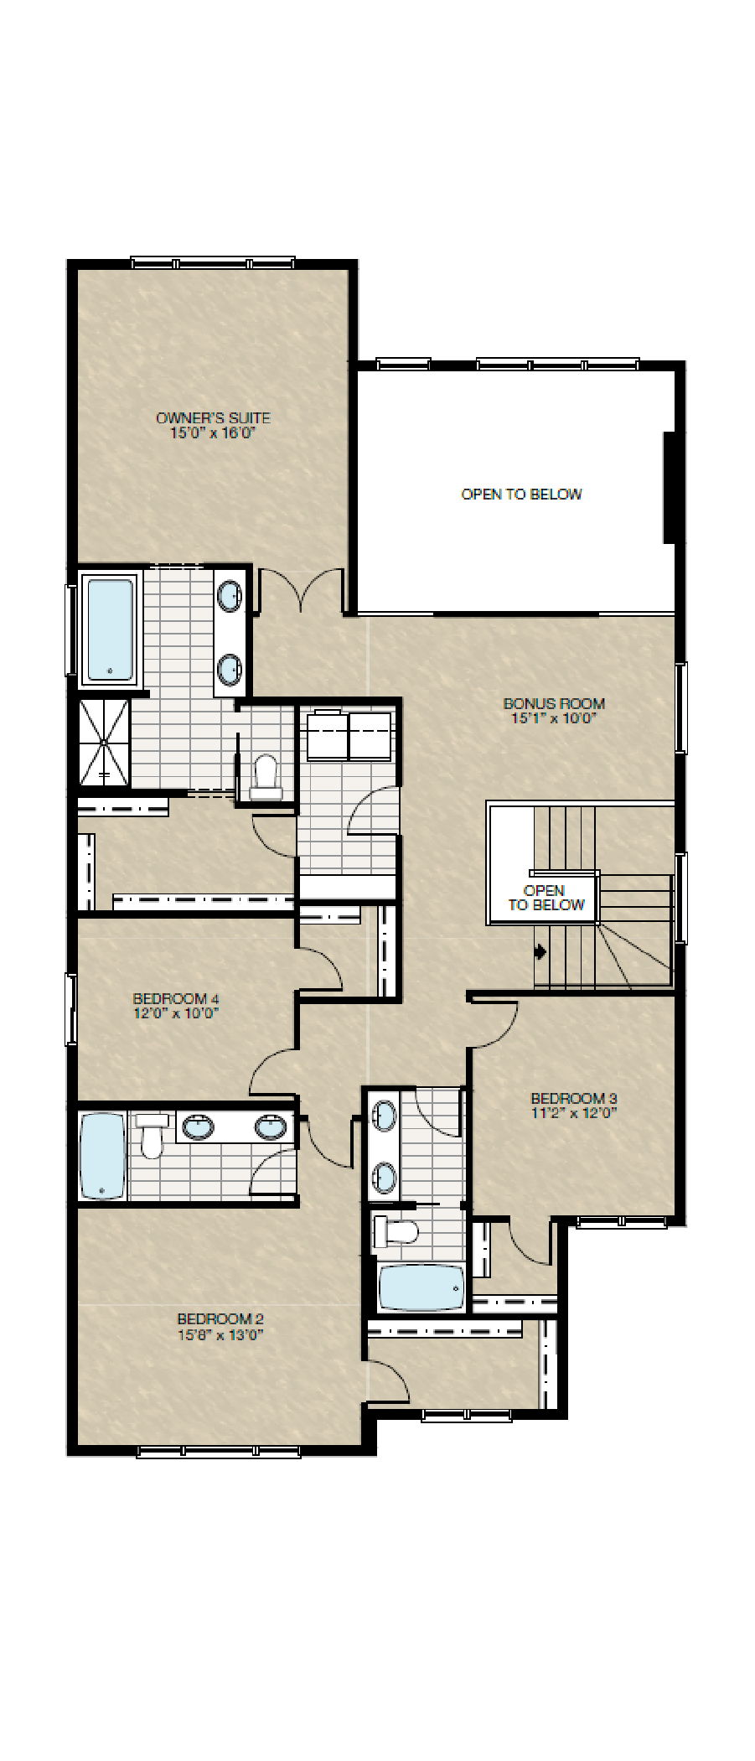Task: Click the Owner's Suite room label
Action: point(213,418)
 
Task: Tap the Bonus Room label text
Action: point(553,704)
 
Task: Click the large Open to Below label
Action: point(521,495)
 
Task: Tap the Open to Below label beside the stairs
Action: point(545,898)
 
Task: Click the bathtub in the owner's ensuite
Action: point(111,629)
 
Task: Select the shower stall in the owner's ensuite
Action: point(105,743)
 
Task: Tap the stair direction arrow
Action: point(540,951)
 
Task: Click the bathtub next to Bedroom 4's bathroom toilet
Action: point(102,1156)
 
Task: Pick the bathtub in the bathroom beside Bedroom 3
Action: point(421,1287)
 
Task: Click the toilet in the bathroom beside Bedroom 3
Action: point(396,1231)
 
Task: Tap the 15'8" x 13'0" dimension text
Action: point(221,1335)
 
